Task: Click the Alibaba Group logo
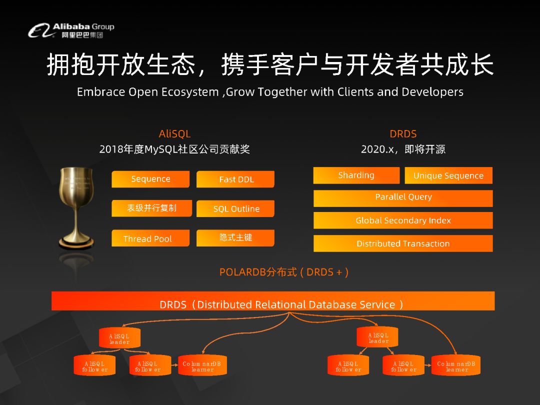click(x=71, y=30)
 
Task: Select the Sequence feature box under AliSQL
click(x=150, y=179)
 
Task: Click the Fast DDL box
click(x=235, y=179)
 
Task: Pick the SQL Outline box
click(x=235, y=208)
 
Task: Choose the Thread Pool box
click(x=150, y=238)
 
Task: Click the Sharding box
click(x=356, y=175)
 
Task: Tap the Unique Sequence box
click(x=448, y=175)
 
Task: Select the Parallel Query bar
click(x=403, y=198)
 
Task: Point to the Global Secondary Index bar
click(x=403, y=220)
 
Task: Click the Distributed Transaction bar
click(x=403, y=243)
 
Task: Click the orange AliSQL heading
click(x=174, y=133)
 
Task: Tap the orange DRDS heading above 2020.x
click(x=403, y=133)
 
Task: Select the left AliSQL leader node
click(x=119, y=338)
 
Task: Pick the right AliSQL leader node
click(x=377, y=337)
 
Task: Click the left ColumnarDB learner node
click(x=202, y=365)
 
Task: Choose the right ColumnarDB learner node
click(x=456, y=365)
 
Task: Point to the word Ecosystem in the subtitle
click(x=190, y=92)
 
